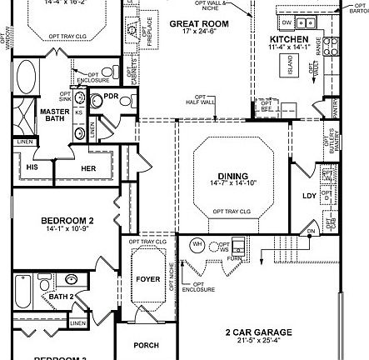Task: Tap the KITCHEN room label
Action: click(289, 40)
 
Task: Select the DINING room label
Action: click(233, 176)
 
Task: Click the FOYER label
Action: click(147, 278)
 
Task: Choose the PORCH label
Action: click(147, 345)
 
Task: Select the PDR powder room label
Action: click(111, 97)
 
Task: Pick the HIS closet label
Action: click(32, 167)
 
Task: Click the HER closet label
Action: click(88, 167)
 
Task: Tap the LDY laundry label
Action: click(309, 196)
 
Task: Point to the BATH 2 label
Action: click(61, 296)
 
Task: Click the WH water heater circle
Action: click(197, 244)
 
